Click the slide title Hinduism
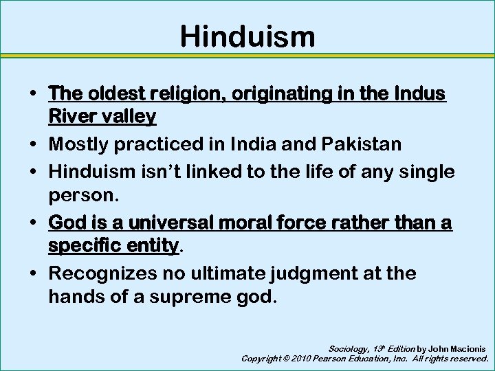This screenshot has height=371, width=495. pos(247,36)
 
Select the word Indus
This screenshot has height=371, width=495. pos(421,93)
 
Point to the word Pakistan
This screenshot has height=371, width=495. pos(367,146)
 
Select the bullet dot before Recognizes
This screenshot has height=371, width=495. pos(34,274)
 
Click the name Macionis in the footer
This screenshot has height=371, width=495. pos(467,348)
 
